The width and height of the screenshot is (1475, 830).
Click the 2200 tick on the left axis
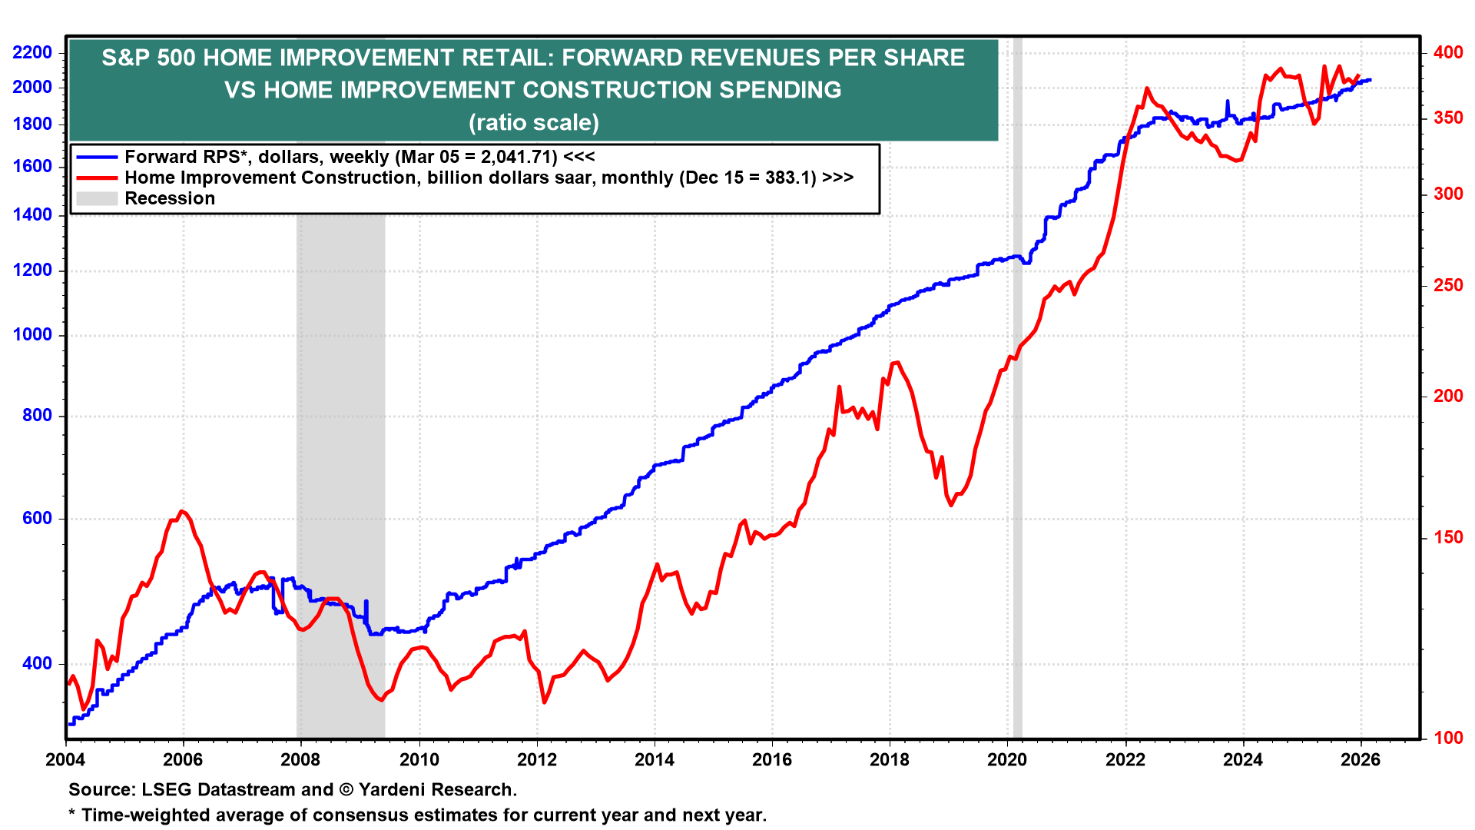coord(32,52)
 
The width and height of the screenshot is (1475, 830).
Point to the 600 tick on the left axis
coord(37,518)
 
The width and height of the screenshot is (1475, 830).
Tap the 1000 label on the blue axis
coord(32,334)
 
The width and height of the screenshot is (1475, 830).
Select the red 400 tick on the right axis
coord(1448,52)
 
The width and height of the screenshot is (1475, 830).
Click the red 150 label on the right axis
coord(1448,537)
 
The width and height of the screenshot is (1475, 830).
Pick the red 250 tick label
coord(1448,285)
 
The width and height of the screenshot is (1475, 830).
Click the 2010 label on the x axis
coord(419,760)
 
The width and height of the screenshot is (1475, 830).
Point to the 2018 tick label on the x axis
coord(889,760)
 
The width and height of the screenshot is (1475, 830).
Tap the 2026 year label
coord(1360,760)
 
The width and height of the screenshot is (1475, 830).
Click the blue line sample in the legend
coord(97,157)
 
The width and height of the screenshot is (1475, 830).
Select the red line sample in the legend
coord(97,178)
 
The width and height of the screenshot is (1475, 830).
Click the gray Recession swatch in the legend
coord(97,198)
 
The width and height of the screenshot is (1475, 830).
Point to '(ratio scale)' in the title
coord(533,122)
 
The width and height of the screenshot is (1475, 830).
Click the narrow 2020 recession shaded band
coord(1018,461)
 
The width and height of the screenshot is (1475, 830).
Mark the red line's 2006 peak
coord(181,511)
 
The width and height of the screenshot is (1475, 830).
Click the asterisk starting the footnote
coord(72,813)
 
